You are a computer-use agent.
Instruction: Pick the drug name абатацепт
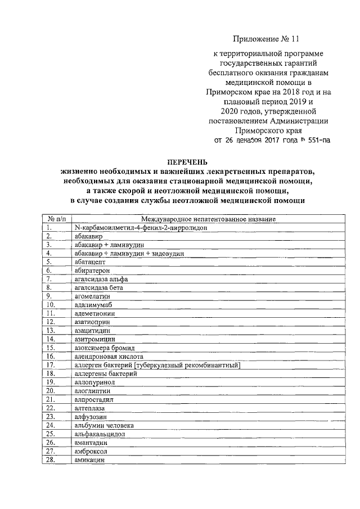coord(90,262)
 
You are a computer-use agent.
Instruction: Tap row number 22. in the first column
coord(51,408)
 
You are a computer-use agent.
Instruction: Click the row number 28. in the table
coord(51,460)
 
